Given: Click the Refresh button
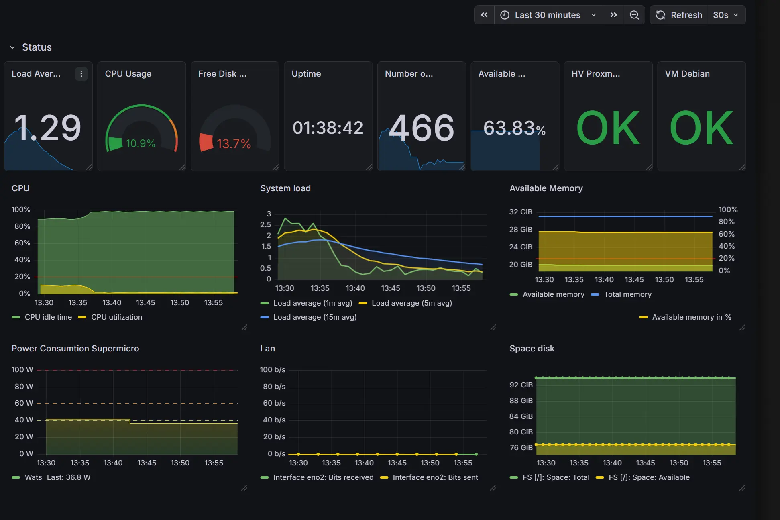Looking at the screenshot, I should click(679, 15).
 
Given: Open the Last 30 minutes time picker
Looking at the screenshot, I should click(548, 15).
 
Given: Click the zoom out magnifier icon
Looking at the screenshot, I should click(634, 15).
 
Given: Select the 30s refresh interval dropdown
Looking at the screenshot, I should click(725, 15).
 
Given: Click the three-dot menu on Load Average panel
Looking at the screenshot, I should click(81, 74).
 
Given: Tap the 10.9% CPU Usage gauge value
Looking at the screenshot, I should click(141, 143).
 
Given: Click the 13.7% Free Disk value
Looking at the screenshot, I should click(234, 144).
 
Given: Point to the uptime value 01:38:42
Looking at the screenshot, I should click(328, 128).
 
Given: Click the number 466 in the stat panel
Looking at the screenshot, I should click(422, 128).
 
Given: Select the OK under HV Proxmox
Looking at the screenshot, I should click(608, 128).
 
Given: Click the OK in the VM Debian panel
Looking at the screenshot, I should click(701, 128).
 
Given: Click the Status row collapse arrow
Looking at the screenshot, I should click(12, 47).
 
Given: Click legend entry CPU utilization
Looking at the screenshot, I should click(116, 317).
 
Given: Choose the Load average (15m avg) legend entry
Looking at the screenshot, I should click(315, 317).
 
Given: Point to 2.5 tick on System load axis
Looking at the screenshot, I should click(265, 225).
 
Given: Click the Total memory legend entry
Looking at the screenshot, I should click(627, 294).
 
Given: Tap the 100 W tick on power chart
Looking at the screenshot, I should click(22, 370).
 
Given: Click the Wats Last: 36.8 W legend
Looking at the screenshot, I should click(57, 477).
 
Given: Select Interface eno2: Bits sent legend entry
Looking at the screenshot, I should click(435, 477).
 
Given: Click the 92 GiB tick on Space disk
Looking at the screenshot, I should click(521, 385).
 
